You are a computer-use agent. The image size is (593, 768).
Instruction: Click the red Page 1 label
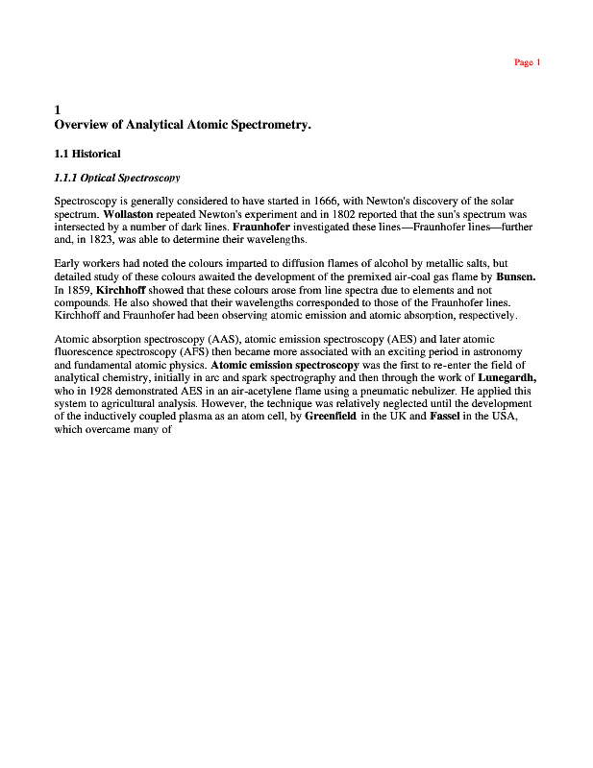pyautogui.click(x=528, y=62)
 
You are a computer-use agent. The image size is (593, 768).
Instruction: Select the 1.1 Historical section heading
pyautogui.click(x=87, y=154)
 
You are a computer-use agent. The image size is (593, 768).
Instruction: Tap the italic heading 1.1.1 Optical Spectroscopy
pyautogui.click(x=117, y=178)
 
